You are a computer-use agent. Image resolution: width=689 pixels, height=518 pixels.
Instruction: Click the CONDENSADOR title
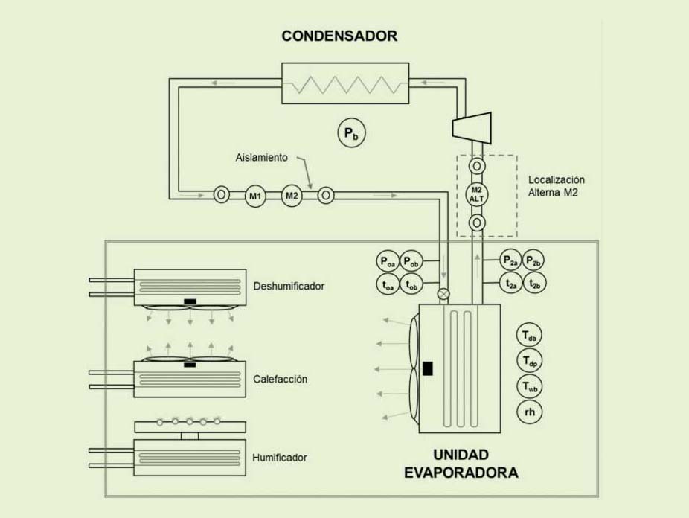[339, 36]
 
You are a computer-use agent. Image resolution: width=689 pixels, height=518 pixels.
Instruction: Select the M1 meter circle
[256, 196]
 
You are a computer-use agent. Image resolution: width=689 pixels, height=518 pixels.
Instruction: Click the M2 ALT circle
[476, 194]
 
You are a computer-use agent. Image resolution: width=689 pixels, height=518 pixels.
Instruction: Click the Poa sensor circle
[388, 260]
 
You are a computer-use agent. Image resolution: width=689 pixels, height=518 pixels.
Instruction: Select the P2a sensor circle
[510, 260]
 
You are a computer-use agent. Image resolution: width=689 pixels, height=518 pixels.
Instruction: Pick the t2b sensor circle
[533, 284]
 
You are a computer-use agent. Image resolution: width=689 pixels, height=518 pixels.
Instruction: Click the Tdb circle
[528, 336]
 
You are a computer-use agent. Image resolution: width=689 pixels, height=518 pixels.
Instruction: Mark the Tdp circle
[528, 361]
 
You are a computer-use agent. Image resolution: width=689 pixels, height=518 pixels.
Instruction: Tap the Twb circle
[528, 386]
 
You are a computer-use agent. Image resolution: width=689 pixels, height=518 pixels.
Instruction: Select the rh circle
[528, 412]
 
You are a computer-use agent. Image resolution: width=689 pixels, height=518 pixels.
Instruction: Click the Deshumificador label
[289, 286]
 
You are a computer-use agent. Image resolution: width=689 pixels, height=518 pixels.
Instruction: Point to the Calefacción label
[280, 379]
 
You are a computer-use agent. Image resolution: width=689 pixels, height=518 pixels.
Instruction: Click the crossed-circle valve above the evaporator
[444, 295]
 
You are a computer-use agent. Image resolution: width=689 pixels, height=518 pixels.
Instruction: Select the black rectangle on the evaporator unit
[428, 368]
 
